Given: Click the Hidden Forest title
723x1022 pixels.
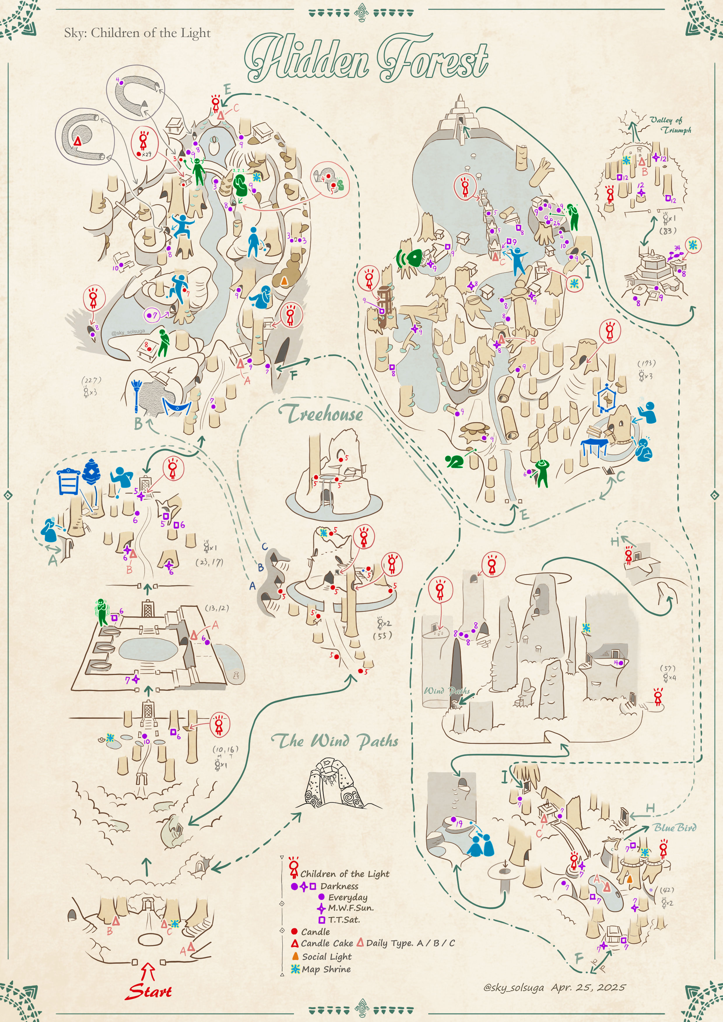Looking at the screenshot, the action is pyautogui.click(x=366, y=58).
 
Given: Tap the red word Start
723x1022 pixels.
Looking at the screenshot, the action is pyautogui.click(x=149, y=991).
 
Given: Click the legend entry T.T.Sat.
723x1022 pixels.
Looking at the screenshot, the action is pyautogui.click(x=344, y=920).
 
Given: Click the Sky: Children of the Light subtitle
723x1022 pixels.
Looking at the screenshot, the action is pyautogui.click(x=137, y=33).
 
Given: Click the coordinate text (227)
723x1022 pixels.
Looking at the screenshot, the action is pyautogui.click(x=91, y=380).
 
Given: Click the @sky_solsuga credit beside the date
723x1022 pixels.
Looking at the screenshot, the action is pyautogui.click(x=514, y=987).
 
